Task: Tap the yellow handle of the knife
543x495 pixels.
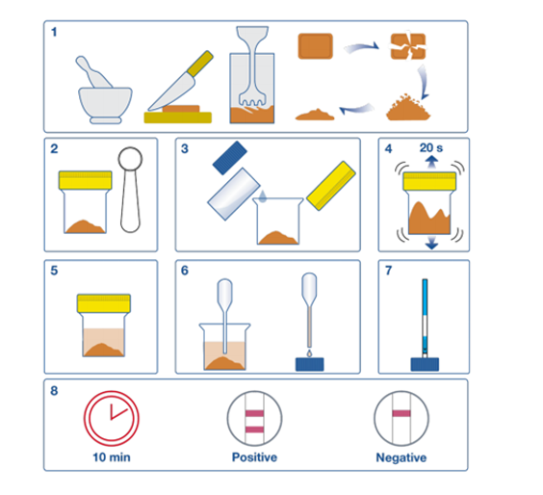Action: (200, 64)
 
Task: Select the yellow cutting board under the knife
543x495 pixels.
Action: (178, 117)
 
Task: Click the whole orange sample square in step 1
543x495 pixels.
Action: (316, 46)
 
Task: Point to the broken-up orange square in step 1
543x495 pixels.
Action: (408, 46)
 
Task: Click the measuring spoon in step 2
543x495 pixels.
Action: (130, 190)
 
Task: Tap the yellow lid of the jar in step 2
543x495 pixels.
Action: (85, 180)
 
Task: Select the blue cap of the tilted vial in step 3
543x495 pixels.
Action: (229, 157)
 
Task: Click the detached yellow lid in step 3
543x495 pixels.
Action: (331, 185)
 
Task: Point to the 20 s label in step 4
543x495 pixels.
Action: (430, 148)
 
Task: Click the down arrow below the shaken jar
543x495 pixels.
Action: (431, 242)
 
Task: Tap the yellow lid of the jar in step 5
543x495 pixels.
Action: (104, 303)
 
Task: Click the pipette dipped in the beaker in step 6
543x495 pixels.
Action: (224, 316)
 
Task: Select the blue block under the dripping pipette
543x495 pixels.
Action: (310, 364)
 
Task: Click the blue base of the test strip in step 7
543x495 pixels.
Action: (425, 364)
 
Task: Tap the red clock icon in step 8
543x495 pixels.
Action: (111, 418)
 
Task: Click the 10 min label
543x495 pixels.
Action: (112, 457)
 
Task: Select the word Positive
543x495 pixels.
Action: (254, 457)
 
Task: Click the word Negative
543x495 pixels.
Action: (401, 457)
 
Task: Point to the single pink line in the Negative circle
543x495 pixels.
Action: (401, 413)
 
